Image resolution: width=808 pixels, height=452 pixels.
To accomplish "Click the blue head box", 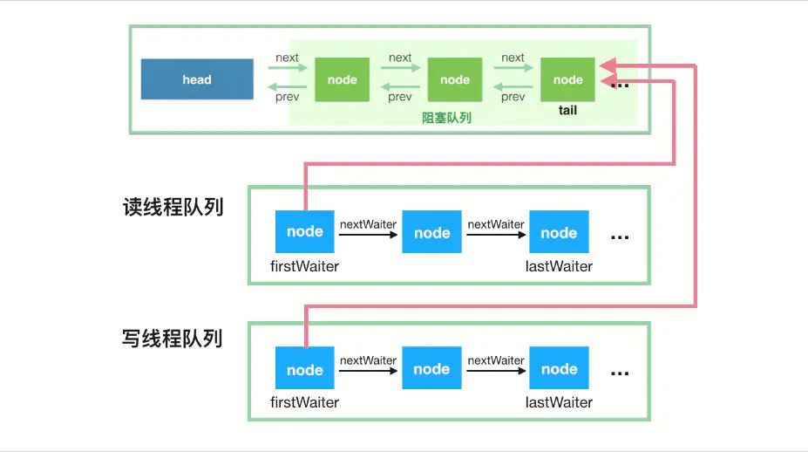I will (197, 79).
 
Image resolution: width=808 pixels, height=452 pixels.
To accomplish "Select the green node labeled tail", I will (567, 79).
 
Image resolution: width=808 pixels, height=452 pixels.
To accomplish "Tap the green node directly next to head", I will (342, 79).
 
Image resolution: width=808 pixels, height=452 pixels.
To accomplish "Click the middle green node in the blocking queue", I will (454, 79).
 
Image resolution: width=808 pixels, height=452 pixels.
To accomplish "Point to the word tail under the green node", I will (567, 111).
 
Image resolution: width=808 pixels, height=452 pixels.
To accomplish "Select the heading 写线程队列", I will (173, 338).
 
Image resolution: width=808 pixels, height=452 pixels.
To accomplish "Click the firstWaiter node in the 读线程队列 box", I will (304, 232).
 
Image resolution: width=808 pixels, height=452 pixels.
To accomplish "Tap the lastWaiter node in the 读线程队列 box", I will (559, 232).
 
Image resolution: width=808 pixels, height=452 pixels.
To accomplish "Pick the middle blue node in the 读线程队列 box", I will (431, 232).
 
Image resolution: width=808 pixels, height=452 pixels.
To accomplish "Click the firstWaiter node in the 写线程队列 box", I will (304, 368).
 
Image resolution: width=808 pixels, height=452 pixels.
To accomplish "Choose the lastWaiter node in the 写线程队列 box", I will (559, 368).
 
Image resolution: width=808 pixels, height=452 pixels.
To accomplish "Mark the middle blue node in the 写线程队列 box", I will (431, 368).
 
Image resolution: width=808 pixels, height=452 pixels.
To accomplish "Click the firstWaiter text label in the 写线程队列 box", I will (304, 402).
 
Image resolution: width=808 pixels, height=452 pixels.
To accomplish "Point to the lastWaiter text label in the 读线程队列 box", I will (559, 266).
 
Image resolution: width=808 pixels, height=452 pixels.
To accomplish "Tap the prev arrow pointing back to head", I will (287, 86).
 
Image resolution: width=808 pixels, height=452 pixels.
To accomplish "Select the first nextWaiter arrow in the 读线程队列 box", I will (368, 234).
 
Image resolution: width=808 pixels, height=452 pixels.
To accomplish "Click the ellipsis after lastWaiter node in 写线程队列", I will (620, 373).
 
